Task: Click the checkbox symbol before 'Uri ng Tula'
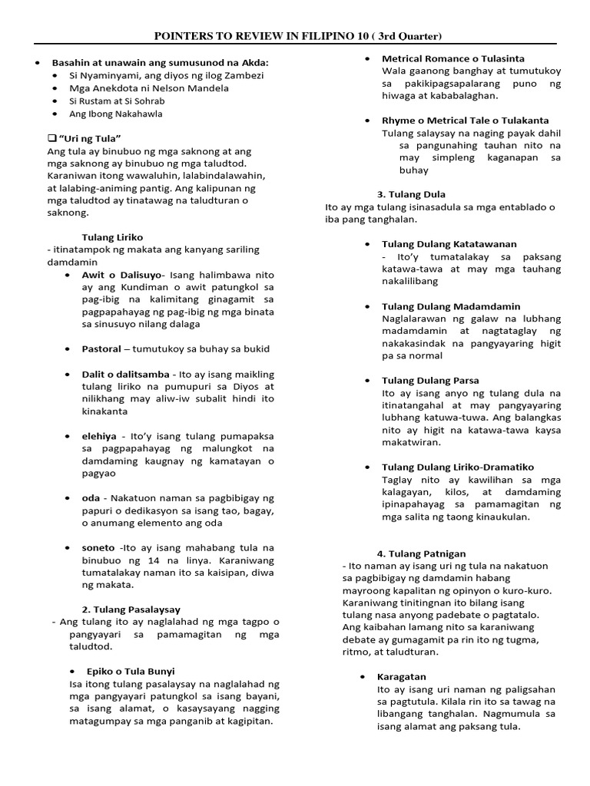[x=51, y=137]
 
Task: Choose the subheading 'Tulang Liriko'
[x=112, y=237]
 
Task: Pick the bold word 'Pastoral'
[x=101, y=348]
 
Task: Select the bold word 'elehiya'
[x=99, y=435]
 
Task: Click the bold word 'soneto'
[x=98, y=547]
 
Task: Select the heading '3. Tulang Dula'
[x=411, y=194]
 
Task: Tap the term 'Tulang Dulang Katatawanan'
[x=449, y=244]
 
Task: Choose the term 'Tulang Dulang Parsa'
[x=430, y=381]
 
